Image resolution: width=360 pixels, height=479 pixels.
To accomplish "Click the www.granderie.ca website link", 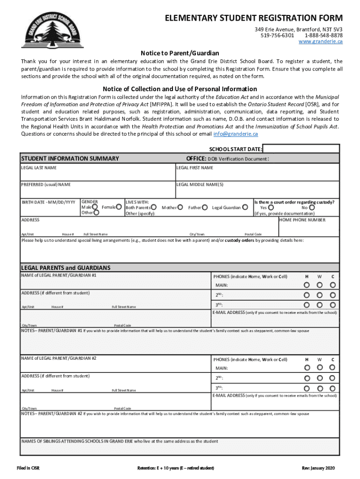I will pyautogui.click(x=320, y=42).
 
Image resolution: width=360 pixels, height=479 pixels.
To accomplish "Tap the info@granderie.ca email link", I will pyautogui.click(x=235, y=134).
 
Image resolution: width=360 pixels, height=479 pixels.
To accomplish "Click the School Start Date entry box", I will pyautogui.click(x=301, y=149).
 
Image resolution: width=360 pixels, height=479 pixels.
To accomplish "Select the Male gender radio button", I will pyautogui.click(x=95, y=207).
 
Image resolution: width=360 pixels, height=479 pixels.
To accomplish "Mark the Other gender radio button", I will pyautogui.click(x=97, y=213).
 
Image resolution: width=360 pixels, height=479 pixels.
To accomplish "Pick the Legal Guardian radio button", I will pyautogui.click(x=245, y=207).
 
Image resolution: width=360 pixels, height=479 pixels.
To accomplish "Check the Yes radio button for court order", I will pyautogui.click(x=271, y=207).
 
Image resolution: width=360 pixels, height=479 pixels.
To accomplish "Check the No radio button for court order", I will pyautogui.click(x=312, y=207).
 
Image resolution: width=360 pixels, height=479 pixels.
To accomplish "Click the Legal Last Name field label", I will pyautogui.click(x=39, y=167).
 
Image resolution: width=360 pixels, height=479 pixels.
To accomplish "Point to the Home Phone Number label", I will pyautogui.click(x=302, y=219).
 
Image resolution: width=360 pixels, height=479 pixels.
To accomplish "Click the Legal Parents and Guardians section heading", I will pyautogui.click(x=66, y=268).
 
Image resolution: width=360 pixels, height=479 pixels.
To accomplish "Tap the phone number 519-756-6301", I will pyautogui.click(x=277, y=35).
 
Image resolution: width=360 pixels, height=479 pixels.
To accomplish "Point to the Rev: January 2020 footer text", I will pyautogui.click(x=319, y=468).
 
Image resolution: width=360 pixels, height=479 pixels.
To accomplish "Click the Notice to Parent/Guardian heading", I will pyautogui.click(x=180, y=53).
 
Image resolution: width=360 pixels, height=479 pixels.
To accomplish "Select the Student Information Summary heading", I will pyautogui.click(x=70, y=159).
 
